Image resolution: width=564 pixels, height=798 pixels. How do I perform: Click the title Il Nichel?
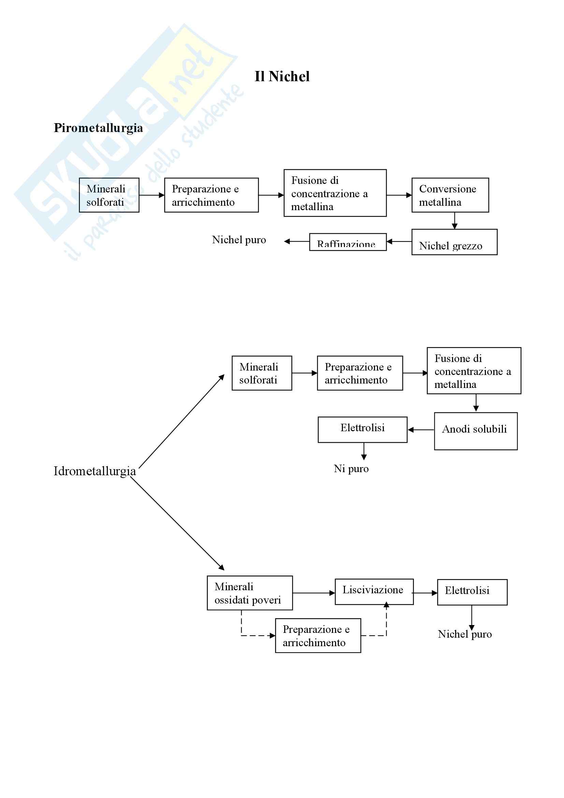click(x=282, y=76)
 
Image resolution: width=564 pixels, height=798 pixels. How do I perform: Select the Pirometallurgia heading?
click(x=98, y=128)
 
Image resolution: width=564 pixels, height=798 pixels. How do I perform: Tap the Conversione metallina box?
click(x=450, y=195)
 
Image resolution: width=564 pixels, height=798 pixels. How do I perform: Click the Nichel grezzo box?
click(x=454, y=242)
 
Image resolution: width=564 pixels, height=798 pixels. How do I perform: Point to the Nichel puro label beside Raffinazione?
click(x=239, y=240)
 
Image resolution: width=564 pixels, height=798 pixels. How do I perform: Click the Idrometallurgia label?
click(x=95, y=471)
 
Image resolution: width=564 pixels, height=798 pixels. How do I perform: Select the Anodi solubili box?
click(x=475, y=431)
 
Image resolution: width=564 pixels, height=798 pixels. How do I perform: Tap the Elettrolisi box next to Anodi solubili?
click(x=362, y=429)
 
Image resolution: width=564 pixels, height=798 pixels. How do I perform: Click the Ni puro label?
click(x=351, y=468)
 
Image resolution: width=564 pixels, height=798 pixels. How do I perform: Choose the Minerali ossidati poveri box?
click(x=249, y=593)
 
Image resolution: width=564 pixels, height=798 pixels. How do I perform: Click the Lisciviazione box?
click(x=374, y=592)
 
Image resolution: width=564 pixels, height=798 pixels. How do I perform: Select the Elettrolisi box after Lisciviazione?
click(x=472, y=592)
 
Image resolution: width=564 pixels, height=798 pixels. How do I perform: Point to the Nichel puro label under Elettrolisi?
click(x=465, y=634)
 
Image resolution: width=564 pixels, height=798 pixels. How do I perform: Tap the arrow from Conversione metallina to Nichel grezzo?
click(x=454, y=221)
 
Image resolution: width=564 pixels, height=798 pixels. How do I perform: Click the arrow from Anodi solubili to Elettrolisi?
click(x=421, y=430)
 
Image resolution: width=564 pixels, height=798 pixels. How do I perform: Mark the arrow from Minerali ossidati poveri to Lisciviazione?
click(x=314, y=593)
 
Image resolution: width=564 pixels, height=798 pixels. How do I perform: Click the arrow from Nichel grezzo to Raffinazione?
click(x=399, y=242)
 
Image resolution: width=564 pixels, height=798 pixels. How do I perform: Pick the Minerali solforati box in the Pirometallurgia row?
click(x=109, y=195)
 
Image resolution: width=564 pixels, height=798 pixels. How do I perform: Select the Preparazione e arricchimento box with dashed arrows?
click(x=318, y=636)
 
